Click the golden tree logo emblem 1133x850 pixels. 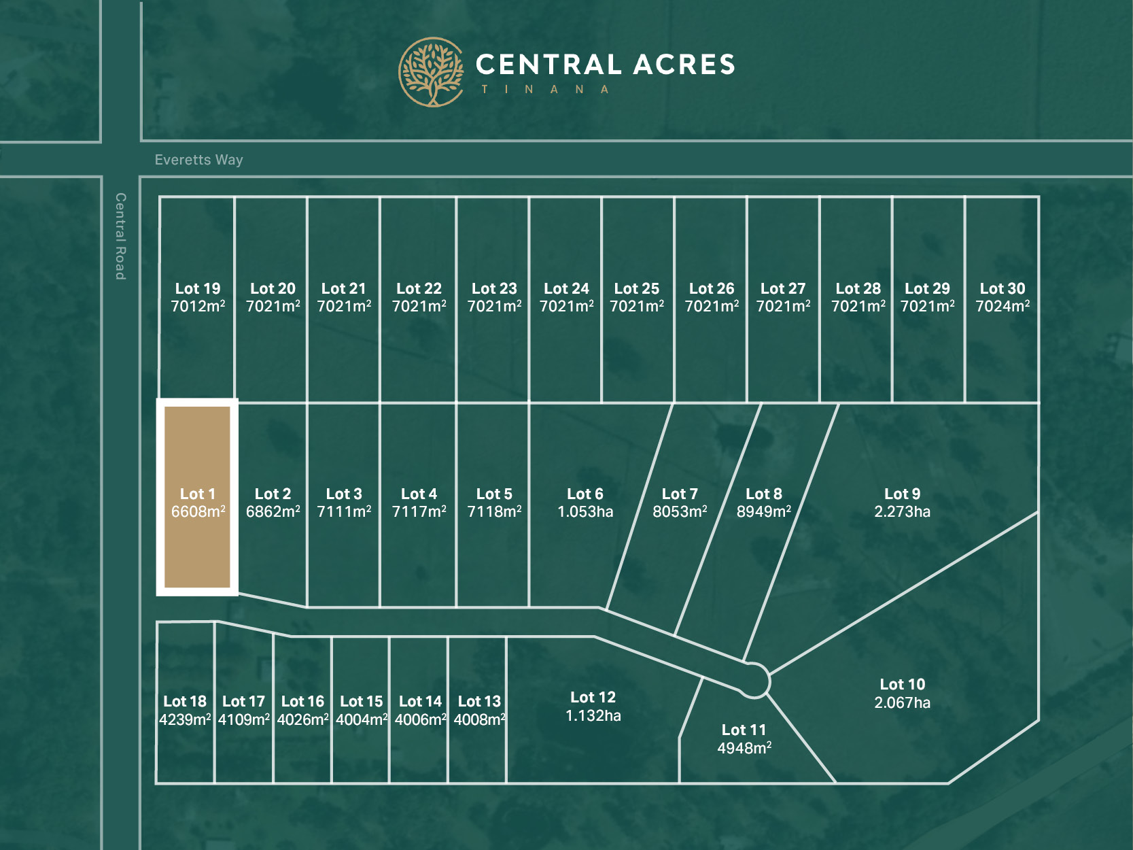click(x=431, y=72)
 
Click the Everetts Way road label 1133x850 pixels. click(x=198, y=160)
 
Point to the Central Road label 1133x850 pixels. click(x=120, y=236)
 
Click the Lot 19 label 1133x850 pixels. click(x=198, y=288)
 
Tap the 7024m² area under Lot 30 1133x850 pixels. click(x=1002, y=307)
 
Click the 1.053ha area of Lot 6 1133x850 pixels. click(x=585, y=512)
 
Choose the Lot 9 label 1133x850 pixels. click(x=902, y=494)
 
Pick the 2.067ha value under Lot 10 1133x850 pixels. click(x=902, y=703)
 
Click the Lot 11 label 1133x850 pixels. click(x=744, y=730)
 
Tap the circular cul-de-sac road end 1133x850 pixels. click(x=753, y=680)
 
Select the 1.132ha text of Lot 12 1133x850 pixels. click(x=593, y=716)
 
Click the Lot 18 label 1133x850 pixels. click(x=185, y=701)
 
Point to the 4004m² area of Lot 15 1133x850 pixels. click(x=362, y=719)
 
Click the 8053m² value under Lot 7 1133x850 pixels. click(x=680, y=512)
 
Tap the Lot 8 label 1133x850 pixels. click(x=763, y=494)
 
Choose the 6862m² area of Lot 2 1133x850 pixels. click(x=273, y=512)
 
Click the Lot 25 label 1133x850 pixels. click(x=637, y=288)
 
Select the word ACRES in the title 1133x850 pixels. click(x=684, y=65)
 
